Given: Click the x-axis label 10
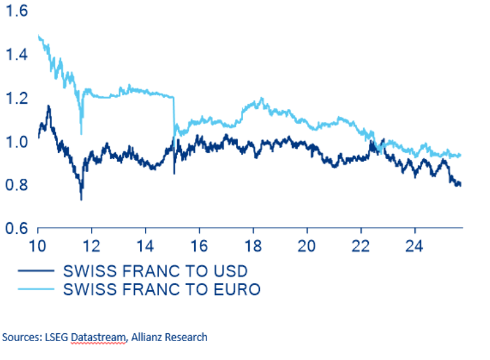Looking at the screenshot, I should [x=38, y=248].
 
